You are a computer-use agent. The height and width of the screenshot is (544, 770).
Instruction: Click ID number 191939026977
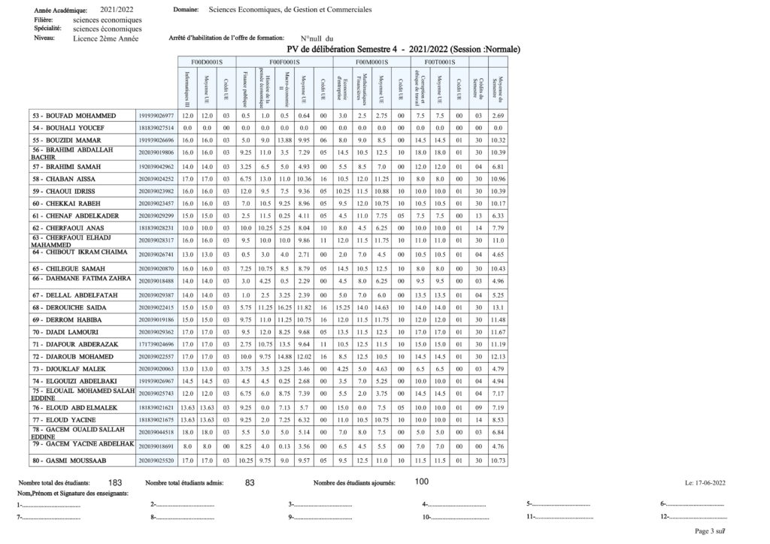tap(156, 116)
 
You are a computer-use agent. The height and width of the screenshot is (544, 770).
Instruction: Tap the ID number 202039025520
tap(156, 459)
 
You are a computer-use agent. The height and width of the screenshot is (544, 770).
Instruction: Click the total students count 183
tap(115, 482)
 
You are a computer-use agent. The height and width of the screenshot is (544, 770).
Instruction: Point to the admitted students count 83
tap(251, 482)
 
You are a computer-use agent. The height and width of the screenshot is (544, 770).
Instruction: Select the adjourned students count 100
tap(422, 482)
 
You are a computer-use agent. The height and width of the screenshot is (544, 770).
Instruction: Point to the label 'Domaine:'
tap(186, 11)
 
